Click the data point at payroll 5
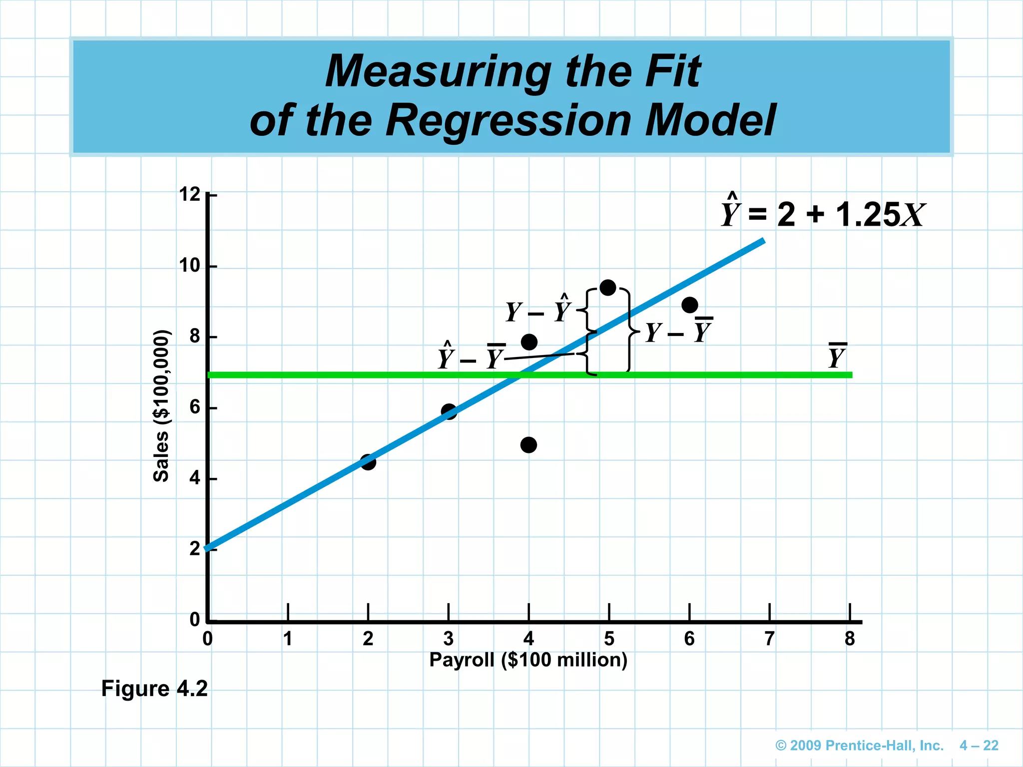point(608,288)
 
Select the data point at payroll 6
point(689,305)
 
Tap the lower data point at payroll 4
point(528,445)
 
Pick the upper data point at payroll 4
point(529,342)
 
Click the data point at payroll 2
point(368,462)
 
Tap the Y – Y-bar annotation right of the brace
point(678,332)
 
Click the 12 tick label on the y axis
point(190,194)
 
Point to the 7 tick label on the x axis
point(769,639)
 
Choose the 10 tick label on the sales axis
point(190,266)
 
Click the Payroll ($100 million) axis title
point(528,660)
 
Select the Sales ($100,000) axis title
point(161,405)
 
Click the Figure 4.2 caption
point(154,689)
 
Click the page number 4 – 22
point(979,746)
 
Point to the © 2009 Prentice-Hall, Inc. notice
point(859,746)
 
